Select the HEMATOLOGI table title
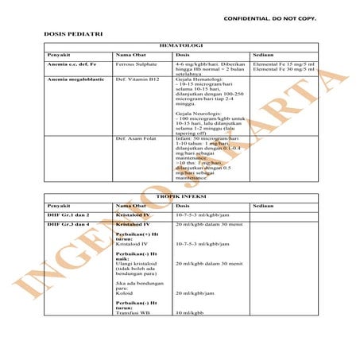click(182, 46)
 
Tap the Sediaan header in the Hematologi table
click(262, 54)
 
